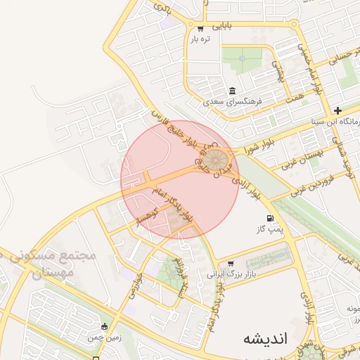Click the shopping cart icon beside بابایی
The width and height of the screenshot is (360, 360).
point(200,28)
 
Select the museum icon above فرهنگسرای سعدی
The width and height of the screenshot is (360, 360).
point(232,91)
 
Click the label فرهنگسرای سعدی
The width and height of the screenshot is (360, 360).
point(233,101)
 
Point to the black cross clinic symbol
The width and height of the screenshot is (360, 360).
point(338,110)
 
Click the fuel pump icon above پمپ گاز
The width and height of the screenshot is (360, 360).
point(270,219)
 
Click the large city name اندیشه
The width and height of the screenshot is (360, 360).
point(265,338)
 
